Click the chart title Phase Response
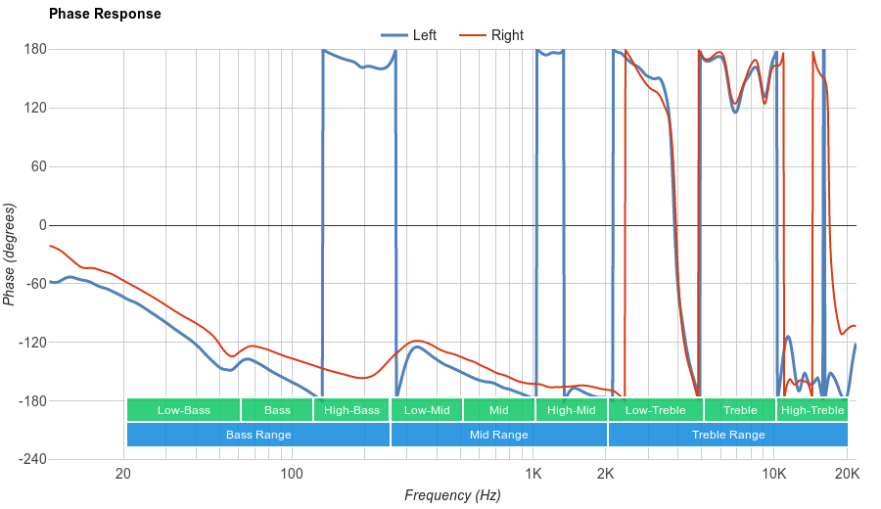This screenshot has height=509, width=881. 105,15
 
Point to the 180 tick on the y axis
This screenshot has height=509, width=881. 35,49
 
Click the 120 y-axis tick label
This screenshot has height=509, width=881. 35,108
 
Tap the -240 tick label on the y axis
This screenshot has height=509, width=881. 32,459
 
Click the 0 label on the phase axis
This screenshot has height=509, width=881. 42,225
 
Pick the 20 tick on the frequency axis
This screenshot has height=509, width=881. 123,475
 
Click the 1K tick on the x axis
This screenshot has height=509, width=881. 533,475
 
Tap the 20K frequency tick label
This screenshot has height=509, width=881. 847,475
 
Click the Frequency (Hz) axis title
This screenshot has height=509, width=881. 452,495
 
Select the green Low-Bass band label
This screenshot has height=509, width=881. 183,410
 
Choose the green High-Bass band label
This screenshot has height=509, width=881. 351,410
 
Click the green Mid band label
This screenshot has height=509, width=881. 499,410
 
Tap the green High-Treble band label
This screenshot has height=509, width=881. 812,410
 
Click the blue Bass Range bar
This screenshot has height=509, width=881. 258,435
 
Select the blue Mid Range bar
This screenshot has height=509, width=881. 499,435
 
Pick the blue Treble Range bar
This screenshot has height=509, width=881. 728,435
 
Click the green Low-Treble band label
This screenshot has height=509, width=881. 656,410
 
